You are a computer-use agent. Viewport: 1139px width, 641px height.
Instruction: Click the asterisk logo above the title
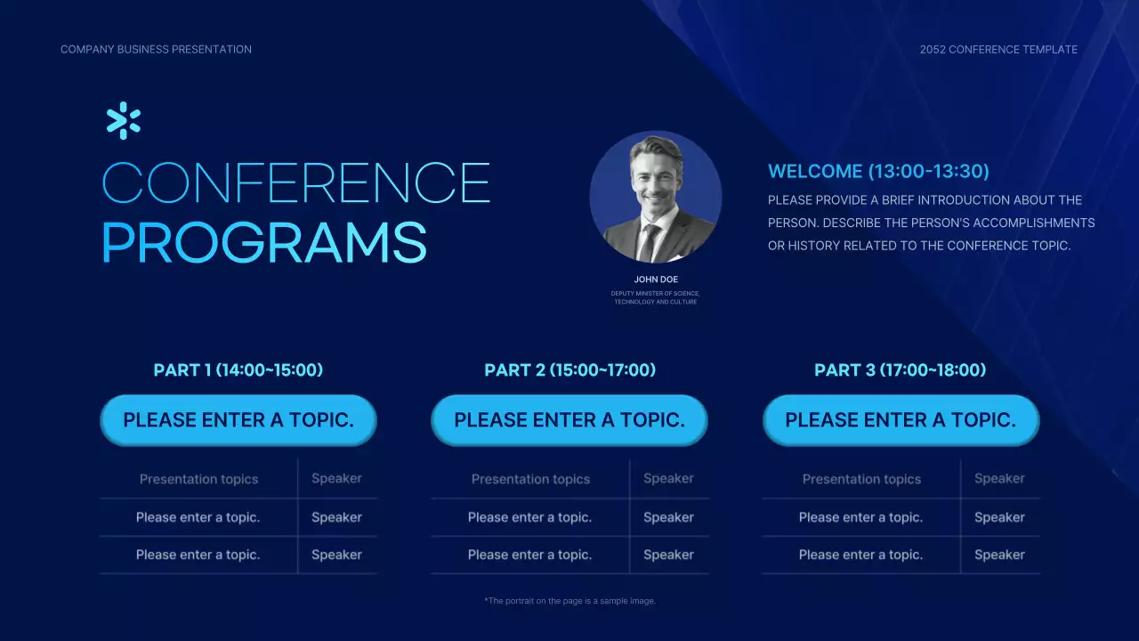coord(123,120)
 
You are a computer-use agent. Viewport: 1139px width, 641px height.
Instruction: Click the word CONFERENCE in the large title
coord(296,183)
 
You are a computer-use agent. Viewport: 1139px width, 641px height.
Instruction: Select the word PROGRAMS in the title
coord(264,242)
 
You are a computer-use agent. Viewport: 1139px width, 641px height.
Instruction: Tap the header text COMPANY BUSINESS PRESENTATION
coord(156,49)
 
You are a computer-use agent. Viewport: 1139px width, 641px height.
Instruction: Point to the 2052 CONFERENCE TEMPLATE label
coord(998,49)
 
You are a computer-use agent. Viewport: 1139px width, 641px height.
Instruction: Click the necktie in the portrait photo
coord(649,243)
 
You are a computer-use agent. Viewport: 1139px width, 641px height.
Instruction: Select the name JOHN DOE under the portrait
coord(656,280)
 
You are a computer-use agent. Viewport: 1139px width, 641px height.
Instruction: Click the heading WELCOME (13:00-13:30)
coord(878,172)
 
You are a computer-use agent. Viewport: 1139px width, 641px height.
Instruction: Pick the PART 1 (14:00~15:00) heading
coord(238,369)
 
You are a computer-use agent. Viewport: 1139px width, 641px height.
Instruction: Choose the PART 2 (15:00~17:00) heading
coord(570,369)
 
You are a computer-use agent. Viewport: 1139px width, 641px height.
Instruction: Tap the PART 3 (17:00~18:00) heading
coord(900,369)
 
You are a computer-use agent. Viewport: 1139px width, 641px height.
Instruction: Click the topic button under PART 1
coord(238,420)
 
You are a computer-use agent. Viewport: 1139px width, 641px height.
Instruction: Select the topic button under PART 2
coord(569,420)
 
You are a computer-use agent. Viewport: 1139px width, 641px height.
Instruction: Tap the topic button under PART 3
coord(901,420)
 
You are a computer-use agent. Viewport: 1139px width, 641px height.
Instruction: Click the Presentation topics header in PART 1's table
coord(198,479)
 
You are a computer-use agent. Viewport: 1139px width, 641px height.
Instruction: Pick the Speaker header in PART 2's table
coord(668,479)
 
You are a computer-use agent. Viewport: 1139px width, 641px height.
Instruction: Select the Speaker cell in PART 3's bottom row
coord(999,555)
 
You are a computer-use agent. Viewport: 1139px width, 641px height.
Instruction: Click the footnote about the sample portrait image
coord(570,601)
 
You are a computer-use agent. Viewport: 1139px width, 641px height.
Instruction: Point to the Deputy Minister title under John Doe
coord(656,297)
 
